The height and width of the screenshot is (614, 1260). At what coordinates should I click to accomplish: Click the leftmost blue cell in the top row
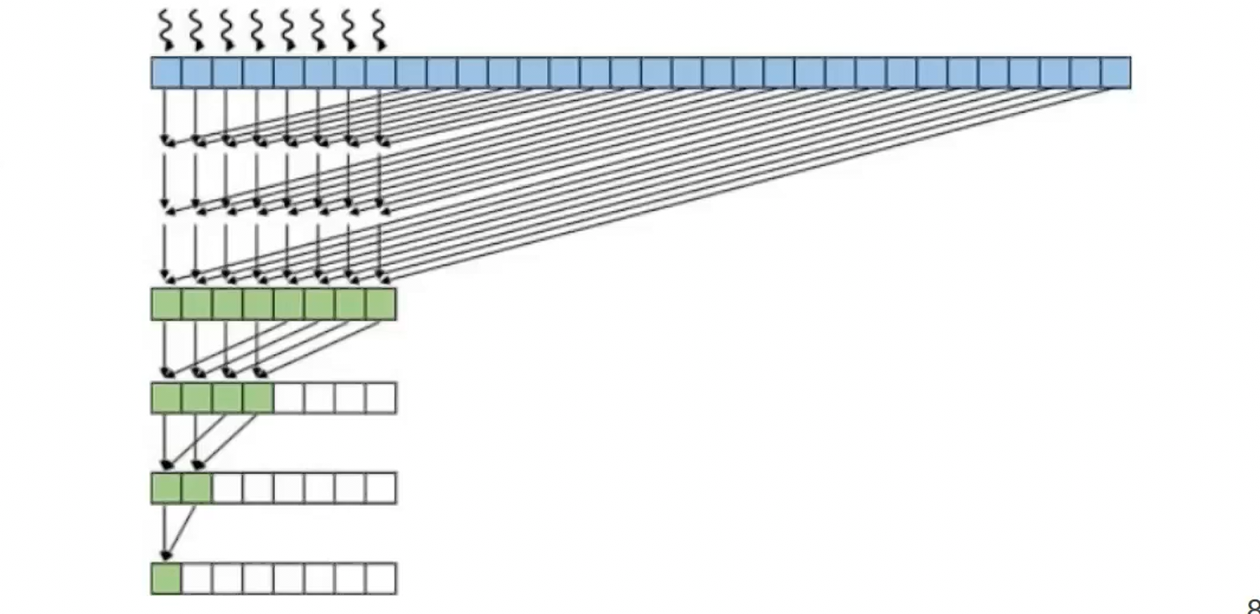pos(166,72)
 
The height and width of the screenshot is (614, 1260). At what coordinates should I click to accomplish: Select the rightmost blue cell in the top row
pos(1116,72)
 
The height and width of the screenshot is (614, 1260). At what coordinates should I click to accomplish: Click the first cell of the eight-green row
pos(166,304)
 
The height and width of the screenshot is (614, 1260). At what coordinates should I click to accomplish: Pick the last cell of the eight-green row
pos(381,304)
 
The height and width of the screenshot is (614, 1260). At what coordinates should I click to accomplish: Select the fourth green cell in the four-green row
pos(258,398)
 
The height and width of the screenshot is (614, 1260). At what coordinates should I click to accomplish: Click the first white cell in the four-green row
pos(289,398)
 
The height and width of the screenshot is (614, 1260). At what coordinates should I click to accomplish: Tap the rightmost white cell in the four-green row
pos(381,398)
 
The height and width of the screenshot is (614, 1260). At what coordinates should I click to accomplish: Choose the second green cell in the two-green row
pos(197,488)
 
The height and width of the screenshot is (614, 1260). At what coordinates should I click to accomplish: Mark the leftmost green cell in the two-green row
pos(166,488)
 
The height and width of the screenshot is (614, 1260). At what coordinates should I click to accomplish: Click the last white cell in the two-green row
pos(381,488)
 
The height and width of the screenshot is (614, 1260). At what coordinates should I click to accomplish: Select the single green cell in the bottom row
pos(166,579)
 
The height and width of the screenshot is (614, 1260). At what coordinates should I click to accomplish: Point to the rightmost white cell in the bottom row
pos(381,579)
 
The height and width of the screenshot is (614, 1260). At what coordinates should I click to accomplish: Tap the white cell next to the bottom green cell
pos(197,579)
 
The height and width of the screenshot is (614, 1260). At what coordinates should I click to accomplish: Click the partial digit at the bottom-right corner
pos(1253,607)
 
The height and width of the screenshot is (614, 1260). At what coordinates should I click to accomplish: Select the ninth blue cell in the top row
pos(411,72)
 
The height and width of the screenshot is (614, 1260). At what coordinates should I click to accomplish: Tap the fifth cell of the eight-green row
pos(289,304)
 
